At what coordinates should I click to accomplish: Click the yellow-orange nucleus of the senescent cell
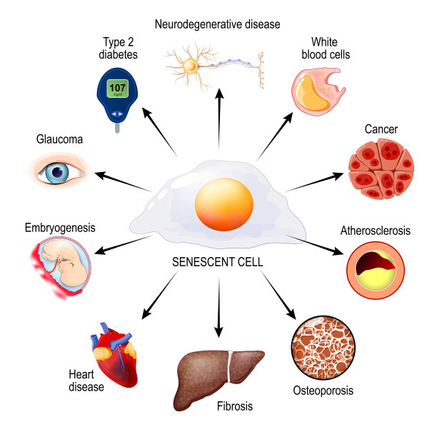223,204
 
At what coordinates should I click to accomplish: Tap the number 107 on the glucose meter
117,88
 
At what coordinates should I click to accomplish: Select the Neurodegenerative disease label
217,24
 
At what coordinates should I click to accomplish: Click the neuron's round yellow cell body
191,66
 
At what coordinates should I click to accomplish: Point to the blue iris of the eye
57,173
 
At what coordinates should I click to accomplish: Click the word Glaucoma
59,139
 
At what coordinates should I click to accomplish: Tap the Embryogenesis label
60,228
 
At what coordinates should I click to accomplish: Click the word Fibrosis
235,406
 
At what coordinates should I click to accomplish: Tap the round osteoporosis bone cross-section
323,348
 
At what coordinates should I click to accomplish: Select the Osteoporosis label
323,391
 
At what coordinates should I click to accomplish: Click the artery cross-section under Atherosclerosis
376,270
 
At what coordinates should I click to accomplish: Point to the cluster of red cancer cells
381,169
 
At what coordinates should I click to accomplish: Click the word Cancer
381,129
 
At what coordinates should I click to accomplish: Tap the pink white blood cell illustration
318,91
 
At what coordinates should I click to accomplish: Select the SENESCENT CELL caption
217,262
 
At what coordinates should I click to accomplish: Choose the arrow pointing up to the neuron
219,119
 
